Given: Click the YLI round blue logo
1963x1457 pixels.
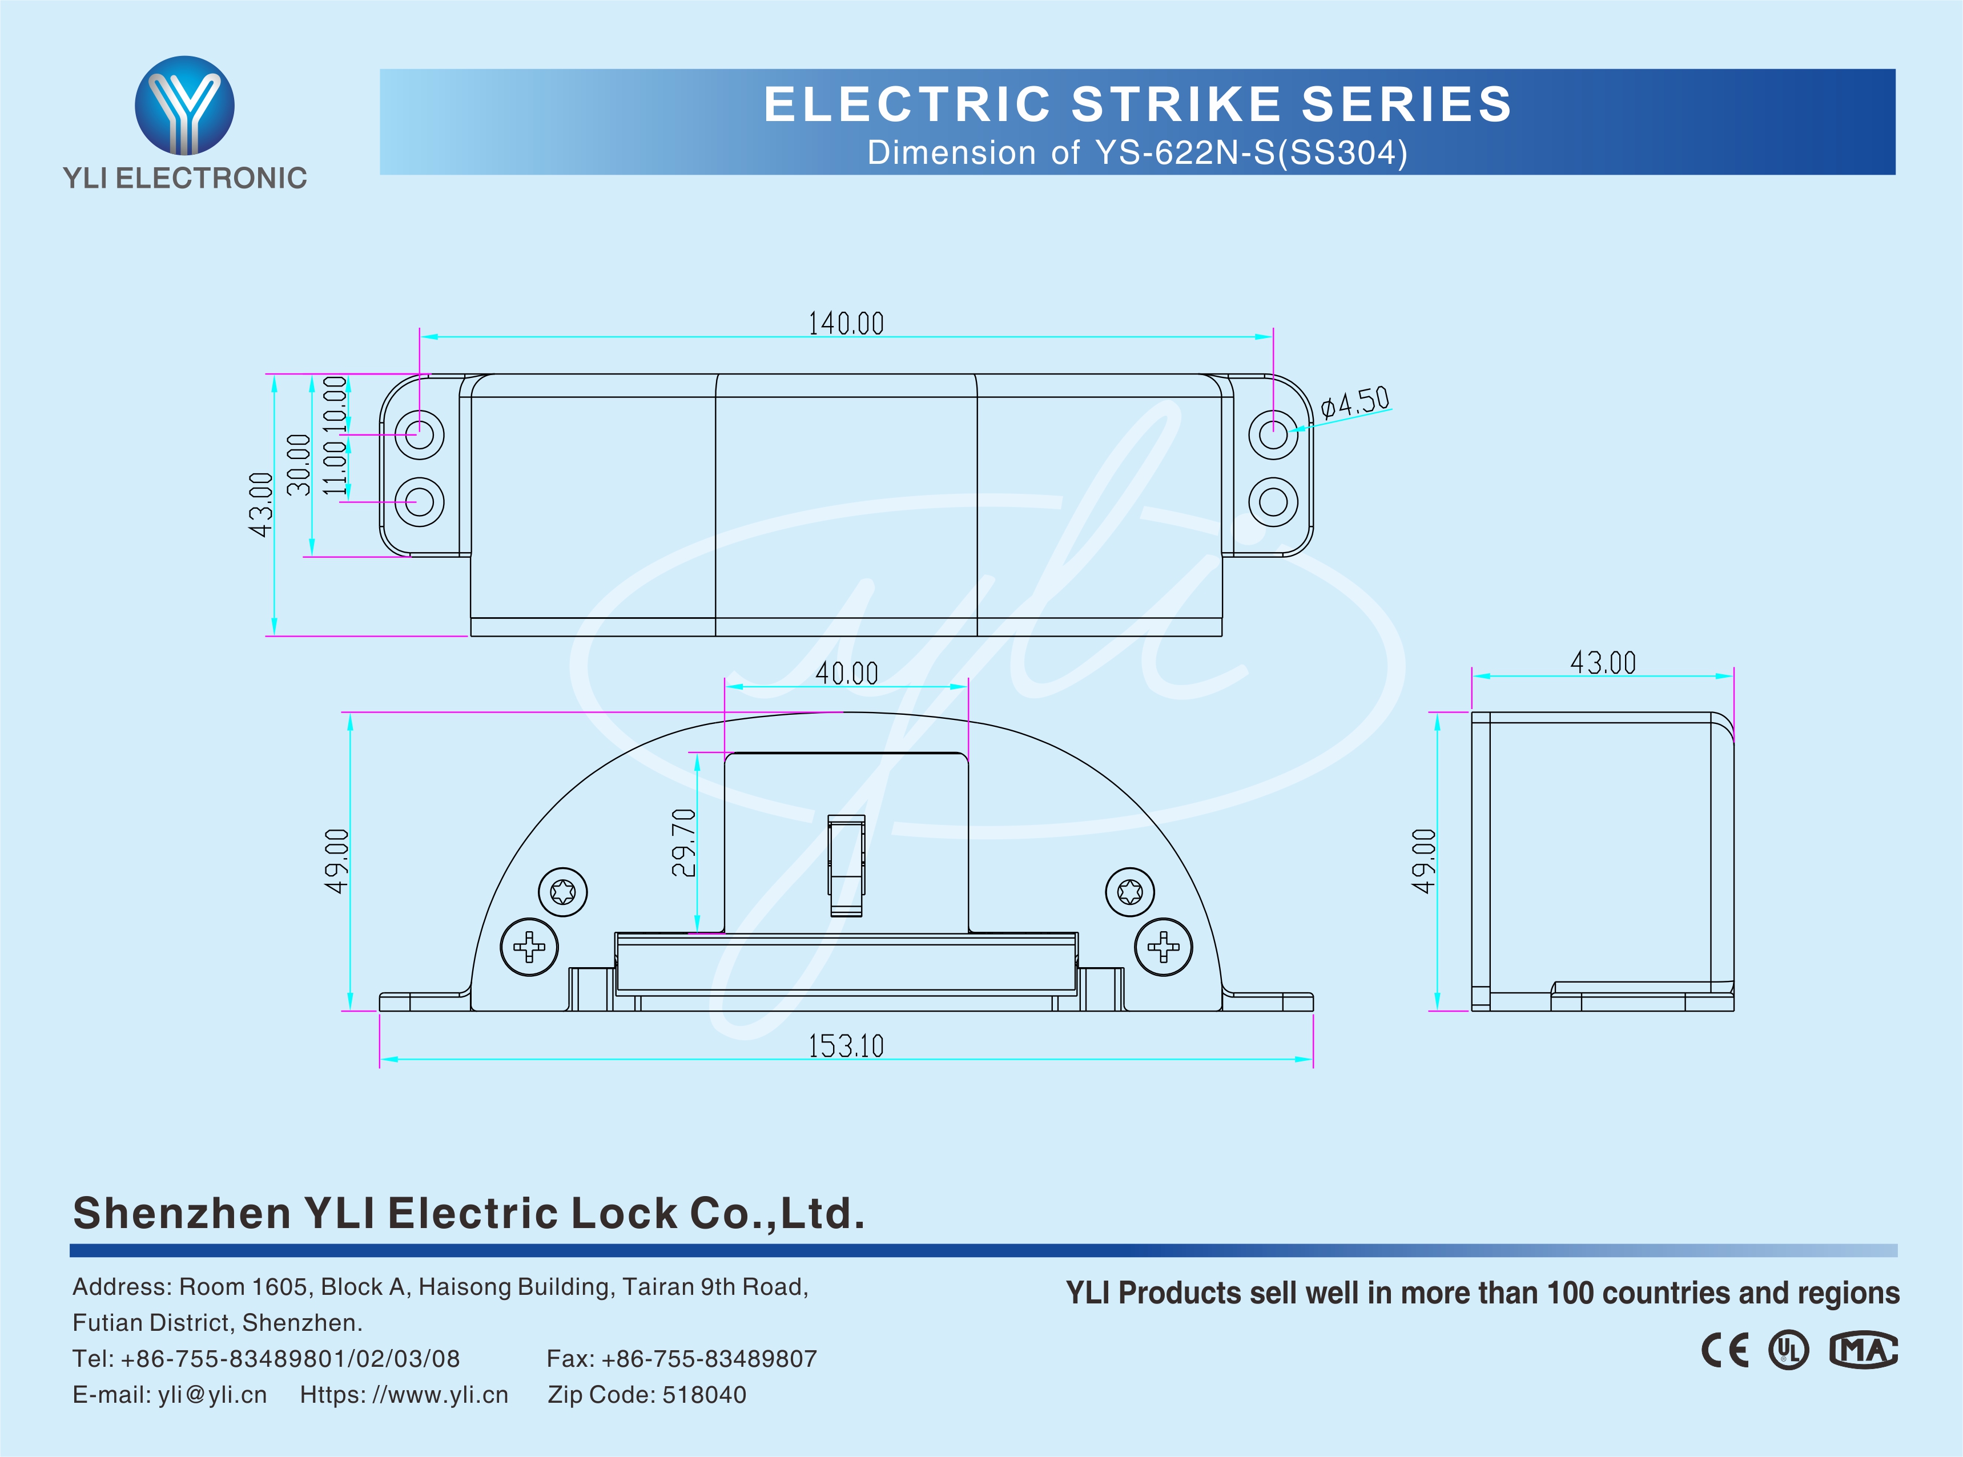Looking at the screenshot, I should point(184,105).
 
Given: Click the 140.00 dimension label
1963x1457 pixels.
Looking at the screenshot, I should point(846,324).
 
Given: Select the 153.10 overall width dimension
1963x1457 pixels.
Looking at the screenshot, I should point(846,1046).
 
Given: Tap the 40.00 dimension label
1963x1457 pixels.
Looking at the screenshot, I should point(846,674).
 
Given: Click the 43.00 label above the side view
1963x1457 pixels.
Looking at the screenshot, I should point(1602,662).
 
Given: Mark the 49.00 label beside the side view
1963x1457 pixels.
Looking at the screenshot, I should point(1423,861).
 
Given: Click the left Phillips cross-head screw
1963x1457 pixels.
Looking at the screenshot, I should point(529,947).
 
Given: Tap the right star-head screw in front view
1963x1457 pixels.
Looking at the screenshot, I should point(1129,892).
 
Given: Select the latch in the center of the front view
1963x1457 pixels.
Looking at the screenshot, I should point(846,865).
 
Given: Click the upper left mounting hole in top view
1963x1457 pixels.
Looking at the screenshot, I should point(419,434).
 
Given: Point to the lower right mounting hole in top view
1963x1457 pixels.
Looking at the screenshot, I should point(1273,502).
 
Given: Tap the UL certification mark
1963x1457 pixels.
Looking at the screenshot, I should point(1788,1350).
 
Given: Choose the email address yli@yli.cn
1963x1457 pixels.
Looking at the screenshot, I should point(212,1394).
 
